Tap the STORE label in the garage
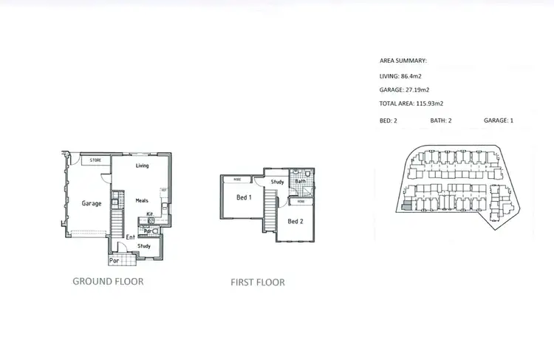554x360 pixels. pos(95,160)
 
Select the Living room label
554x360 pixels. pos(142,166)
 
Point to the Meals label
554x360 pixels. pos(143,200)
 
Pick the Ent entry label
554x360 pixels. pos(130,237)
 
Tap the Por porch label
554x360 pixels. pos(114,260)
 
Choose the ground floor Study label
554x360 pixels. pos(145,246)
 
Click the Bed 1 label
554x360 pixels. pos(244,197)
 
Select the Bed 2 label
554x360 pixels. pos(295,221)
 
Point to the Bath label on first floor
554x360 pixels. pos(301,181)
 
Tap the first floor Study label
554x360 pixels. pos(278,182)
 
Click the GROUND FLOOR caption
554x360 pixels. pos(108,282)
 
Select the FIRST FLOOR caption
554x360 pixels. pos(258,282)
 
